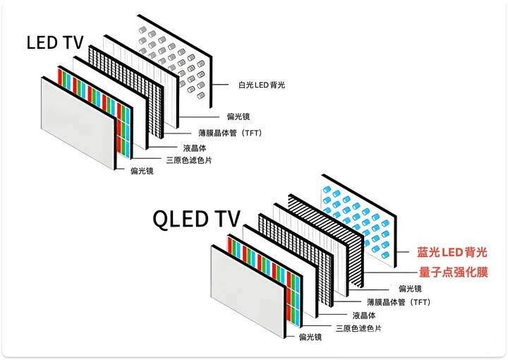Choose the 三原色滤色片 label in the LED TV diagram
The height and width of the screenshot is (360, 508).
[188, 160]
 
